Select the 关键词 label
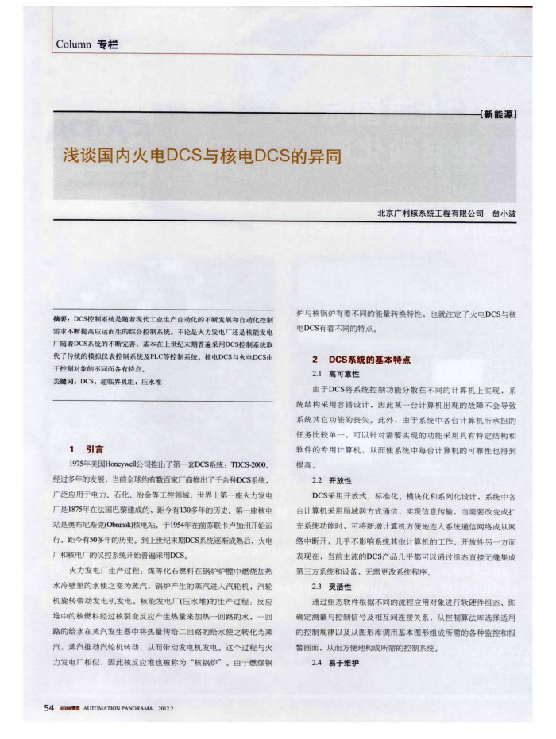[64, 382]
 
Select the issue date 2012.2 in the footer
[166, 708]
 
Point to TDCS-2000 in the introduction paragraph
[252, 465]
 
